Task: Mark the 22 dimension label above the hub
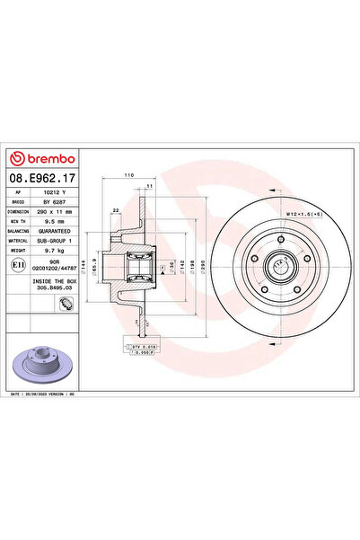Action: [117, 210]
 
